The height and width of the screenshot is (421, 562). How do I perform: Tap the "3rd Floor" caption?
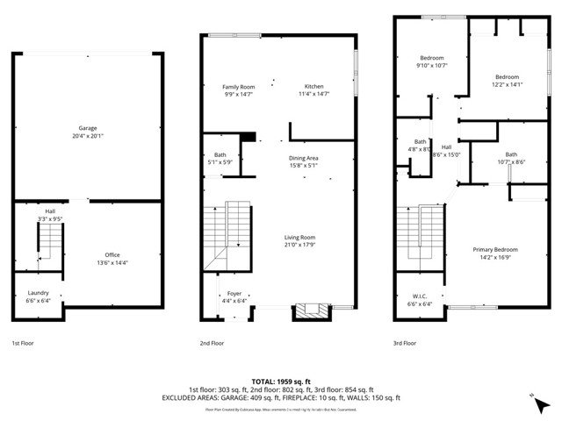point(403,344)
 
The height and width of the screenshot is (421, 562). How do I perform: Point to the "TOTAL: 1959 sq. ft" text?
point(280,382)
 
